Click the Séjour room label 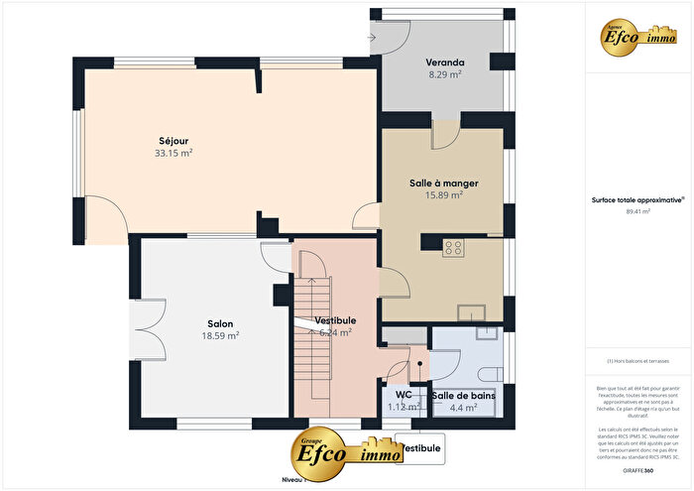pos(173,140)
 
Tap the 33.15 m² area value pos(173,154)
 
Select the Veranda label pos(445,61)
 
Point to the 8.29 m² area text pos(445,74)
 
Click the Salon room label pos(220,323)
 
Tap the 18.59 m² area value pos(220,336)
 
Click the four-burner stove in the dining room pos(454,248)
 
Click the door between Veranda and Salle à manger pos(445,133)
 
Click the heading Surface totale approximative pos(637,199)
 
